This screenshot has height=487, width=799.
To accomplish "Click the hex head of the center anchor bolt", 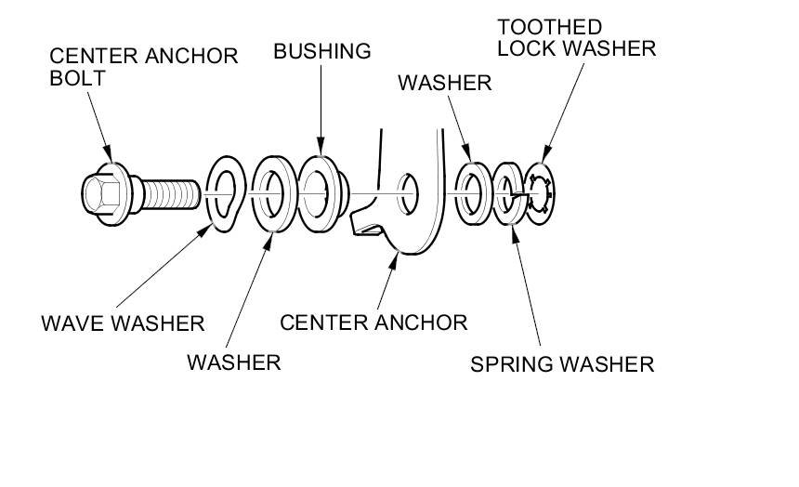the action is [102, 194].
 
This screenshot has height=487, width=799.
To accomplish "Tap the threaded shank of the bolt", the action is [171, 194].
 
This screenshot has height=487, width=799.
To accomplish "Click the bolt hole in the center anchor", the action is [408, 194].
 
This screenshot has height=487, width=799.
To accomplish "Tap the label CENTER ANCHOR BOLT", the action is [144, 67].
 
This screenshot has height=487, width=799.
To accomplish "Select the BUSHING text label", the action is [322, 51].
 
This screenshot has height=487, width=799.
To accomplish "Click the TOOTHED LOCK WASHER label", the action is [576, 38].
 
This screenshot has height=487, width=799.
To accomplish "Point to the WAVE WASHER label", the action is [123, 323].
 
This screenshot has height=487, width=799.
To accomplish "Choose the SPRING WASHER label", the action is [562, 364].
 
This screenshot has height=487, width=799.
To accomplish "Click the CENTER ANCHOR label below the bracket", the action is [373, 322].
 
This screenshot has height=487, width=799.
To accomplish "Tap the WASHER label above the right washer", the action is [445, 83].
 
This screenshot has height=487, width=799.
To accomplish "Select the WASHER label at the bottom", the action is [234, 362].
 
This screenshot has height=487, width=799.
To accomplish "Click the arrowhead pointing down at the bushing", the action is [321, 146].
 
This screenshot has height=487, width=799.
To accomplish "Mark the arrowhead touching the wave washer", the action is [204, 230].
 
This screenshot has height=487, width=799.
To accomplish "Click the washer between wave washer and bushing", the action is [274, 194].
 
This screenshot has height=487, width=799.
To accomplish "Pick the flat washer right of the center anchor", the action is [474, 194].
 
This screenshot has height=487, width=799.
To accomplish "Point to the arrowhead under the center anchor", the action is [393, 262].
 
